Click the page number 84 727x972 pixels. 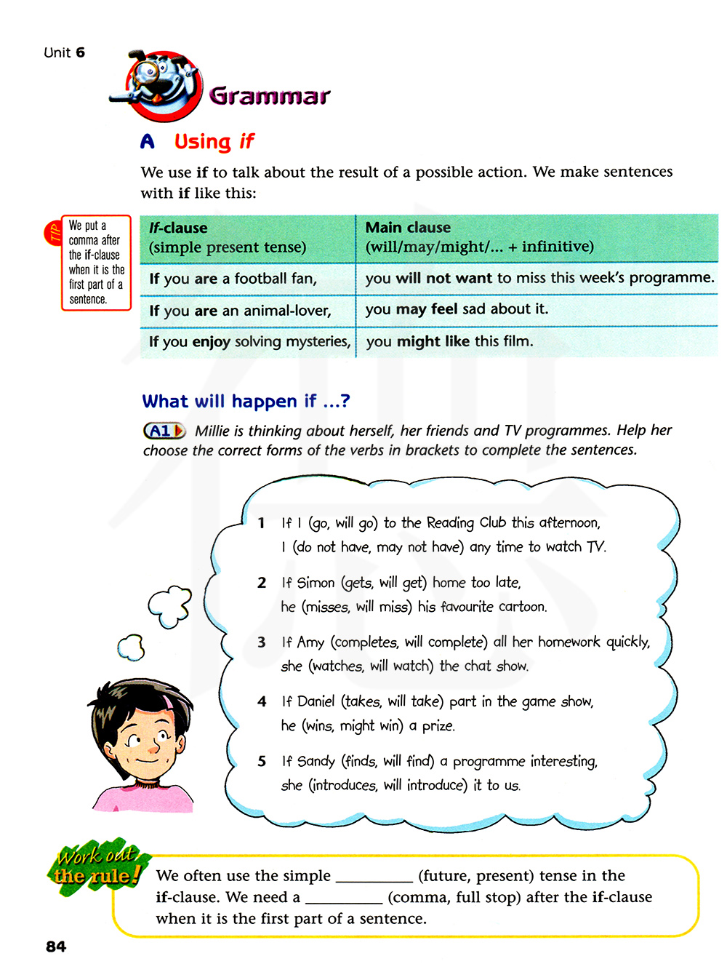(x=56, y=947)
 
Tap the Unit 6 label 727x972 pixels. (x=64, y=52)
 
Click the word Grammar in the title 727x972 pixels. (x=269, y=95)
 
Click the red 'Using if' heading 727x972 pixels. (x=214, y=141)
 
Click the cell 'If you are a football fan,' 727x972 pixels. (x=233, y=279)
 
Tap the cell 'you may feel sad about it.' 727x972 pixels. (x=457, y=309)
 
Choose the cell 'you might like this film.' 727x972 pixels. (x=449, y=341)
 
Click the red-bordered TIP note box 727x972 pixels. (x=96, y=262)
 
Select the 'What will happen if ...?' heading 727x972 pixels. (x=246, y=401)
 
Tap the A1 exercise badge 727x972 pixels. (x=164, y=431)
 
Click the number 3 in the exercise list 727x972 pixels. (x=262, y=642)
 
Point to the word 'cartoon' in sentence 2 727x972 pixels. (x=522, y=607)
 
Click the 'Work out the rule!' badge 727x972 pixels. (x=97, y=866)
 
